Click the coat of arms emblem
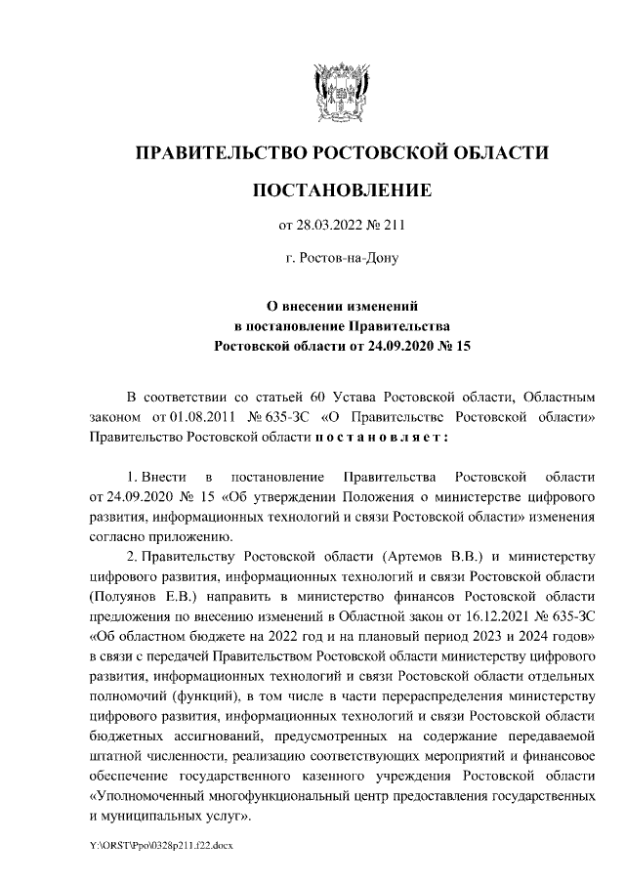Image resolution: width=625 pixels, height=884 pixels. click(x=341, y=91)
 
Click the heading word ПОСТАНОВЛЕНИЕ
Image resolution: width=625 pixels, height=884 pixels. click(x=341, y=189)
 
